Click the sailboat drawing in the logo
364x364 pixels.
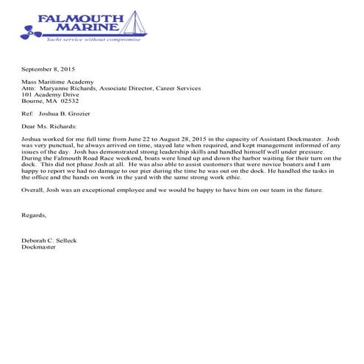[133, 24]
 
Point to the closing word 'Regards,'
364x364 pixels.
[35, 215]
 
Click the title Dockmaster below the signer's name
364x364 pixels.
[40, 247]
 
